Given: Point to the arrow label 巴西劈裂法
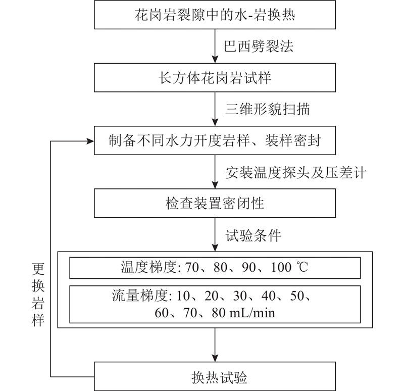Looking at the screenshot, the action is point(259,46).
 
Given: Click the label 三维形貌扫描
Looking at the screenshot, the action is point(268,109).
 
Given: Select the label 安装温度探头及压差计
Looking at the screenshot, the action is point(296,172).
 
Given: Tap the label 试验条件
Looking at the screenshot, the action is point(254,235).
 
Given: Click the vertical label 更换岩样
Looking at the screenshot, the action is point(38,295).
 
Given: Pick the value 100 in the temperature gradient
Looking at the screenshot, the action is point(281,267).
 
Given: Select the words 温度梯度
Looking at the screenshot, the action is point(148,267).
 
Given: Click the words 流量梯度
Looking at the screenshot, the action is point(140,296).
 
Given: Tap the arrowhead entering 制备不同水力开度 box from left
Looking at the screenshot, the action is point(90,141).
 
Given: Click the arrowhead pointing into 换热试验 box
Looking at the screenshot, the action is point(215,358).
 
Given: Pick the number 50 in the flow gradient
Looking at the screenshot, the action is point(297,296).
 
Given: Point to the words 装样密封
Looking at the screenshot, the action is point(293,141).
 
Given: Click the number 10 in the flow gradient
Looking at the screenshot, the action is point(183,296).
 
